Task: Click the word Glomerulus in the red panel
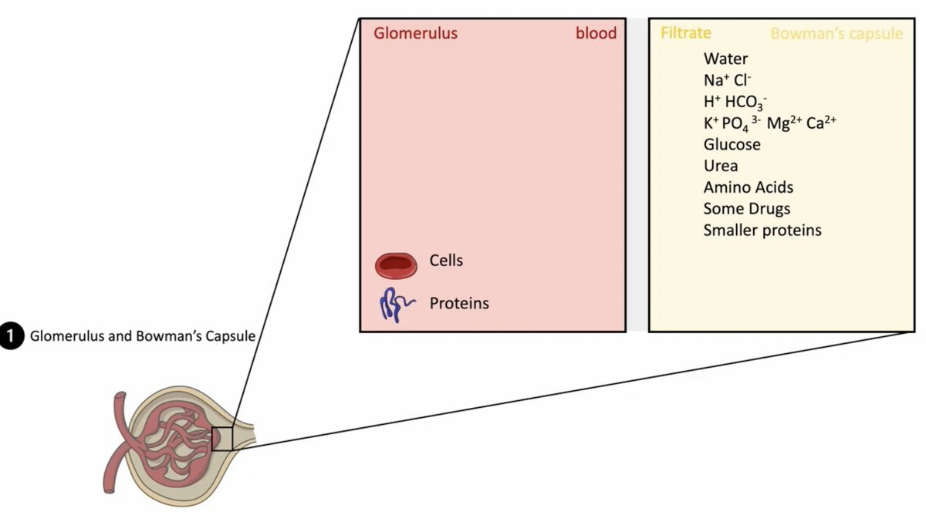415,34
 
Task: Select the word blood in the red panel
596,34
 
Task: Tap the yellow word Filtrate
685,33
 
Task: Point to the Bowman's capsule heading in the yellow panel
836,34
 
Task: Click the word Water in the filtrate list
725,59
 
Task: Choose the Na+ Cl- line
727,80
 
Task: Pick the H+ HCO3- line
735,102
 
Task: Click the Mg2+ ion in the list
786,123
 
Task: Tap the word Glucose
732,145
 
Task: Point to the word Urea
720,166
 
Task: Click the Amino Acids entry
748,187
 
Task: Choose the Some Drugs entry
746,209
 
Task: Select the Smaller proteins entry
762,231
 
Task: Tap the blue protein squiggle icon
396,305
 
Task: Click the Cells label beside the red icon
446,261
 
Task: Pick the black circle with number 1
11,336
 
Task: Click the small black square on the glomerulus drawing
222,439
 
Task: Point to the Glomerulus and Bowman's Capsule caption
142,337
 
